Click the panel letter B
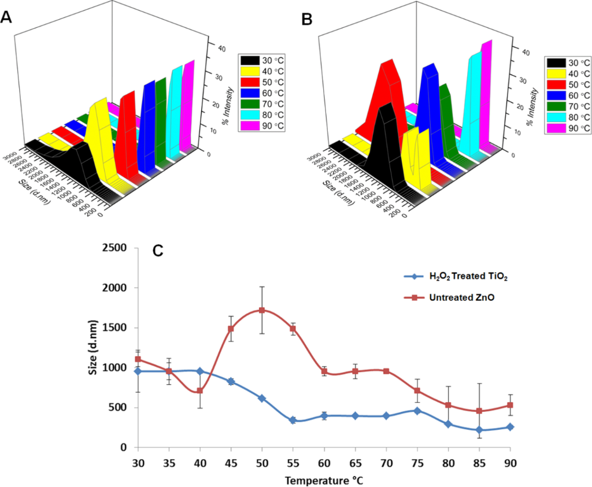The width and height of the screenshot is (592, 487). [x=307, y=19]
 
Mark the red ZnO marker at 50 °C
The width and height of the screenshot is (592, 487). [x=262, y=310]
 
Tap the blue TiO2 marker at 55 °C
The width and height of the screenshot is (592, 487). [x=293, y=420]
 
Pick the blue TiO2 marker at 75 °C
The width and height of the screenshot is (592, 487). [x=417, y=410]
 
